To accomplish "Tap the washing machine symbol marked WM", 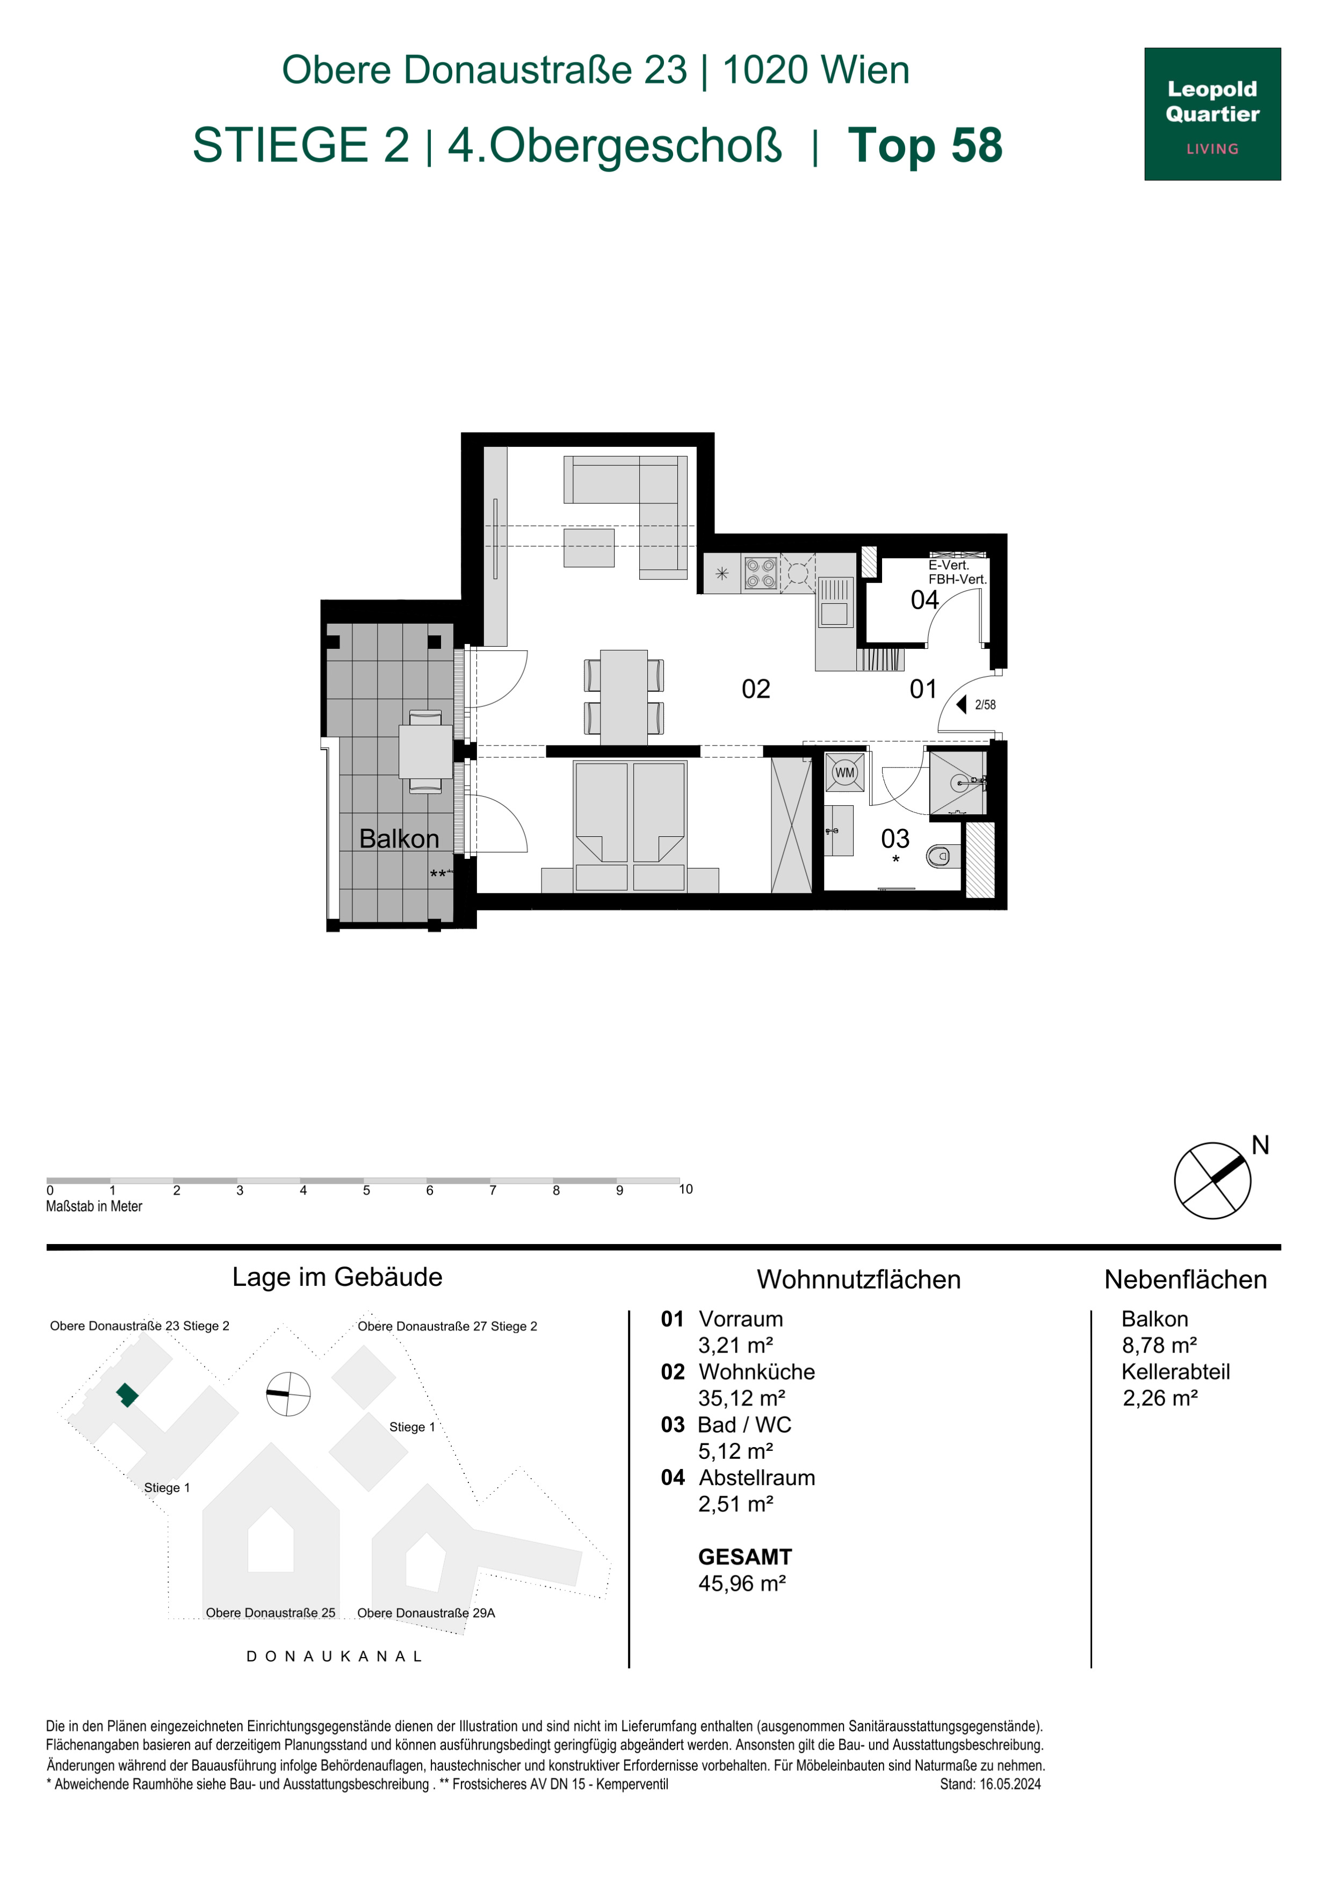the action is point(844,772).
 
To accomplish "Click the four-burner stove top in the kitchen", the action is point(760,573).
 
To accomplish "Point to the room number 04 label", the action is point(924,600).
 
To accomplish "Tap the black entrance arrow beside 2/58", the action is point(962,704).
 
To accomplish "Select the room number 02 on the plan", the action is point(756,690).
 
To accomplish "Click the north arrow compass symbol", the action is point(1213,1180).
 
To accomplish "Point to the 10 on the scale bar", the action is point(685,1189).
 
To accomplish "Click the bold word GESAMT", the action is point(745,1557).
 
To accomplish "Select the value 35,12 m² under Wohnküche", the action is point(742,1398).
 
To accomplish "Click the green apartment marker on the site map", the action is point(127,1394).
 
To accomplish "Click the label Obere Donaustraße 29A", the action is point(426,1613).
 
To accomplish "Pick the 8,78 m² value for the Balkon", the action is point(1159,1346).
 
